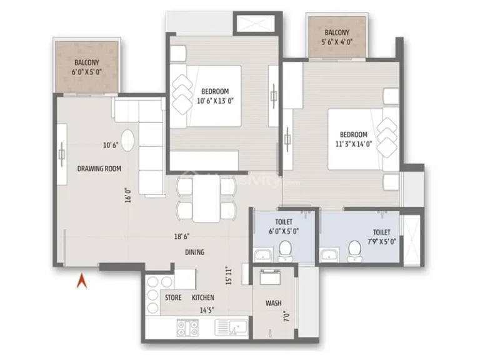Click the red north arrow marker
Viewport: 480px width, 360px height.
[80, 282]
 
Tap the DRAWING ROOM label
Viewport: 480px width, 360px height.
[99, 169]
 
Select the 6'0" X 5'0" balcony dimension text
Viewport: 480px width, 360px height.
[87, 72]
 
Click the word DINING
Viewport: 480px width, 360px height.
[194, 252]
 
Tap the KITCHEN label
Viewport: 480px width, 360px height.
[203, 297]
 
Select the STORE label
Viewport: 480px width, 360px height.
[173, 297]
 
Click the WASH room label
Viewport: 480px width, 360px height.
[273, 303]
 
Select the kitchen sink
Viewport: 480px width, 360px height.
[232, 326]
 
